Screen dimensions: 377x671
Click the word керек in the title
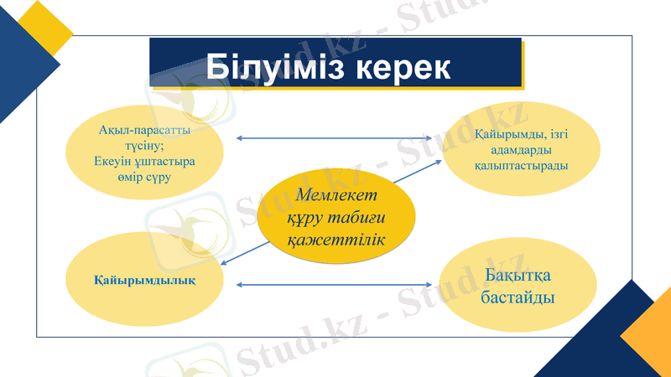pyautogui.click(x=401, y=66)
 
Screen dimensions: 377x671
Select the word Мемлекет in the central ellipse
pyautogui.click(x=336, y=194)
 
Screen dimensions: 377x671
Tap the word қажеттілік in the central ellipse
pyautogui.click(x=335, y=240)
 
